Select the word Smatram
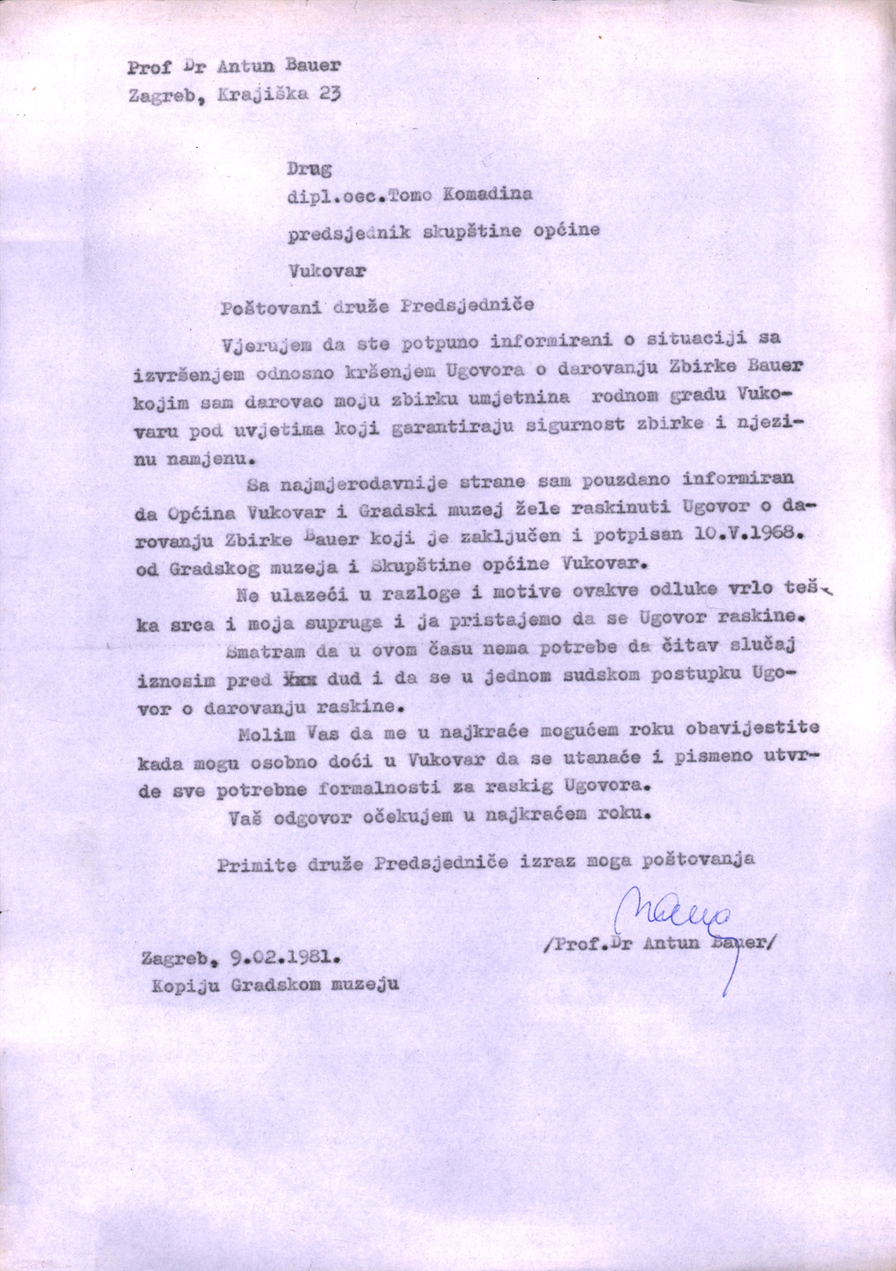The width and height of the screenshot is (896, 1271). pyautogui.click(x=267, y=650)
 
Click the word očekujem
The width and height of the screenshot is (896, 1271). pyautogui.click(x=408, y=816)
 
